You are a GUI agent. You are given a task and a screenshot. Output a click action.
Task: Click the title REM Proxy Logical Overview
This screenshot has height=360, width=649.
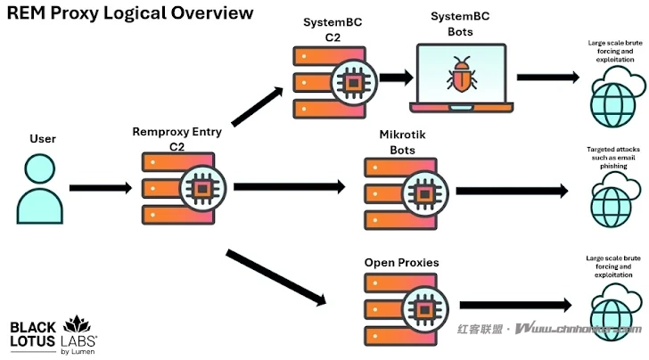[130, 13]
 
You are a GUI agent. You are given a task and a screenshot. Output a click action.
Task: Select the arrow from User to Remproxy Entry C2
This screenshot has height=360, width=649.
[101, 188]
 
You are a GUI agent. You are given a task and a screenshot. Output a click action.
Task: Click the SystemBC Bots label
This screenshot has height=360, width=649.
[461, 25]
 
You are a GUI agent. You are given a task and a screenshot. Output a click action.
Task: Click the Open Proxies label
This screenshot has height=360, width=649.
[401, 263]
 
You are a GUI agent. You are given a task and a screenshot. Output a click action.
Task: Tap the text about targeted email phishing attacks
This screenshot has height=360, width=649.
[614, 158]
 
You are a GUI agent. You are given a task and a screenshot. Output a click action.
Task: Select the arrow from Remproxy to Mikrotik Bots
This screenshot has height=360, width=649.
[290, 187]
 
